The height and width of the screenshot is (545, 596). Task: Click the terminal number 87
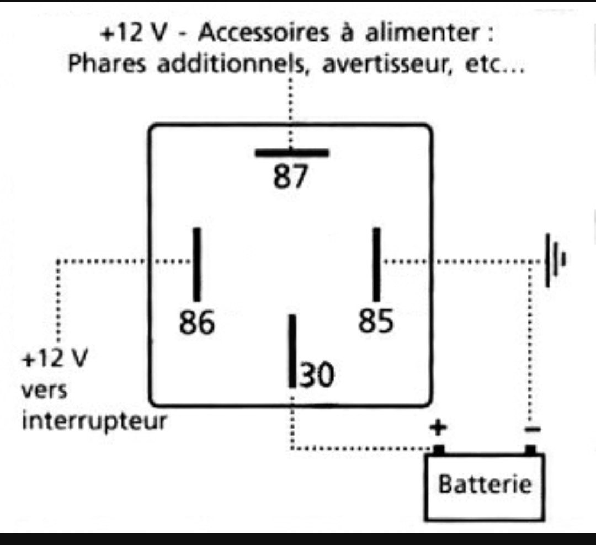click(290, 177)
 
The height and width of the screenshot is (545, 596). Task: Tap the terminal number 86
click(197, 322)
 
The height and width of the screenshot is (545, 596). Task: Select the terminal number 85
click(376, 320)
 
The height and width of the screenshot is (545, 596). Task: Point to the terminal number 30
click(317, 375)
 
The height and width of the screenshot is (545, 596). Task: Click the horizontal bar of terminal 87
click(292, 153)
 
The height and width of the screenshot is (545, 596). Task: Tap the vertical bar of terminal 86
click(197, 265)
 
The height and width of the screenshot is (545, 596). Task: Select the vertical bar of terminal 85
click(376, 265)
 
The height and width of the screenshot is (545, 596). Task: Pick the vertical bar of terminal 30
click(292, 351)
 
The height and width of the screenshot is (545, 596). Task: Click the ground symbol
click(555, 260)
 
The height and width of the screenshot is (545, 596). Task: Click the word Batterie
click(485, 484)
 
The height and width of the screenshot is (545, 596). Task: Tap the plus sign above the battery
click(438, 428)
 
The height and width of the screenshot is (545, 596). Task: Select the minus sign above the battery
click(532, 430)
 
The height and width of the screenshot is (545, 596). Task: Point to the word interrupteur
click(94, 421)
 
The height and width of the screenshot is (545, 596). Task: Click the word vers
click(44, 391)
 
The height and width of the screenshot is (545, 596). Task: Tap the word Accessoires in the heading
click(263, 33)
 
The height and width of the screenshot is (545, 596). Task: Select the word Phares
click(107, 63)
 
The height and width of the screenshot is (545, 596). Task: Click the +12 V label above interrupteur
click(55, 358)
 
